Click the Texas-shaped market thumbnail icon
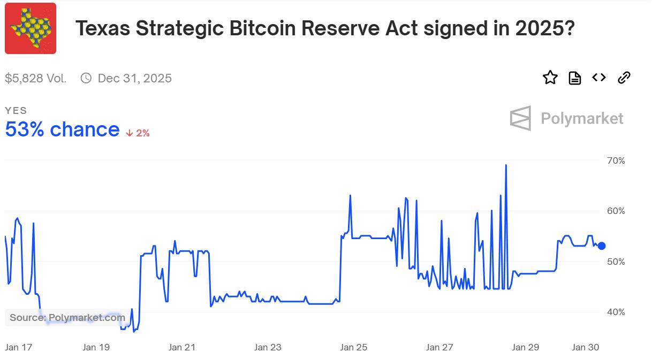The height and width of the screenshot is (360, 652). pyautogui.click(x=31, y=28)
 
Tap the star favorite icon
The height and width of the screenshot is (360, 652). pyautogui.click(x=550, y=78)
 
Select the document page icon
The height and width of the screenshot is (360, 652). pyautogui.click(x=574, y=78)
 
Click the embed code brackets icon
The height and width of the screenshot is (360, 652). pyautogui.click(x=599, y=78)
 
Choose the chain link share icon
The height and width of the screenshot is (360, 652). pyautogui.click(x=624, y=78)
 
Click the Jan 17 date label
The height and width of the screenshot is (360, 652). pyautogui.click(x=19, y=347)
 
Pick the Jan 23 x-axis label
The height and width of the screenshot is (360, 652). pyautogui.click(x=268, y=347)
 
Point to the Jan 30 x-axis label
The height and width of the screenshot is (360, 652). pyautogui.click(x=586, y=347)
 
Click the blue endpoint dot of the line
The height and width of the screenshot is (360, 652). pyautogui.click(x=601, y=246)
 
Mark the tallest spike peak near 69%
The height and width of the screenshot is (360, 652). pyautogui.click(x=506, y=165)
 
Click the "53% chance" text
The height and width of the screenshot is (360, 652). pyautogui.click(x=62, y=129)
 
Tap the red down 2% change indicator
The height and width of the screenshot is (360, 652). pyautogui.click(x=138, y=133)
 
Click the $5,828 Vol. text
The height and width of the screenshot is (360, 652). pyautogui.click(x=36, y=79)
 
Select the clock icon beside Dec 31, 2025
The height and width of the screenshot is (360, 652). pyautogui.click(x=86, y=79)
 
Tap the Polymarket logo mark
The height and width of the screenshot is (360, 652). pyautogui.click(x=520, y=118)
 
